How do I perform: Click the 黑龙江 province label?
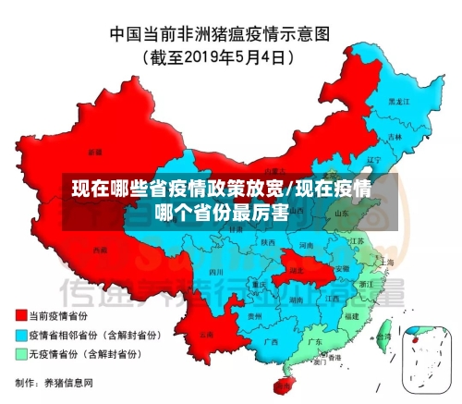coord(396,101)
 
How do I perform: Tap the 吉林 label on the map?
coord(395,137)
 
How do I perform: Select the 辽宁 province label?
coord(373,160)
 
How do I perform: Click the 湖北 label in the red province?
coord(297,270)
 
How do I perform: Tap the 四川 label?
coord(217,273)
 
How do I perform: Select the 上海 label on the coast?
coord(386,263)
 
